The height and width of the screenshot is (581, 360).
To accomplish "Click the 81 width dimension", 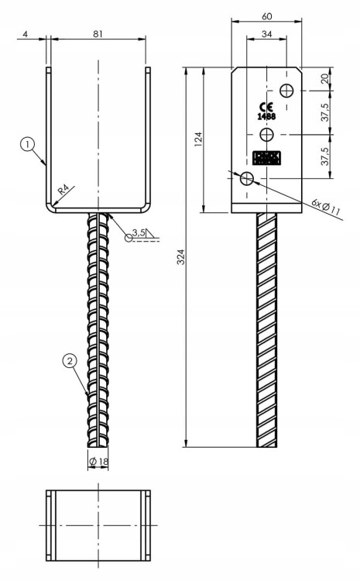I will click(98, 34).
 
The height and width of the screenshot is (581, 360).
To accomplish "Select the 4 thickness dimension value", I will click(26, 34).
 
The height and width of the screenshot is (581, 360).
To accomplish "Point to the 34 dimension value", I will click(266, 33).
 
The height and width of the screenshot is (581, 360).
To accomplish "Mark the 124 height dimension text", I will click(198, 140).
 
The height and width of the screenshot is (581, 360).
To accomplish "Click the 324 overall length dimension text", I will click(180, 257).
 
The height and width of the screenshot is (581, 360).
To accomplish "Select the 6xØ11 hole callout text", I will click(326, 205).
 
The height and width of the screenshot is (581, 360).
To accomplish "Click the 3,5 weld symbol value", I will click(139, 232).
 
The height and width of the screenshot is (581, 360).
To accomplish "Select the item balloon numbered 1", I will click(28, 144).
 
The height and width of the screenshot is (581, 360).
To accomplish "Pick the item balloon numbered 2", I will click(70, 360).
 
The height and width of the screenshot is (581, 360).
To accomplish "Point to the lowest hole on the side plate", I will click(247, 179).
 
